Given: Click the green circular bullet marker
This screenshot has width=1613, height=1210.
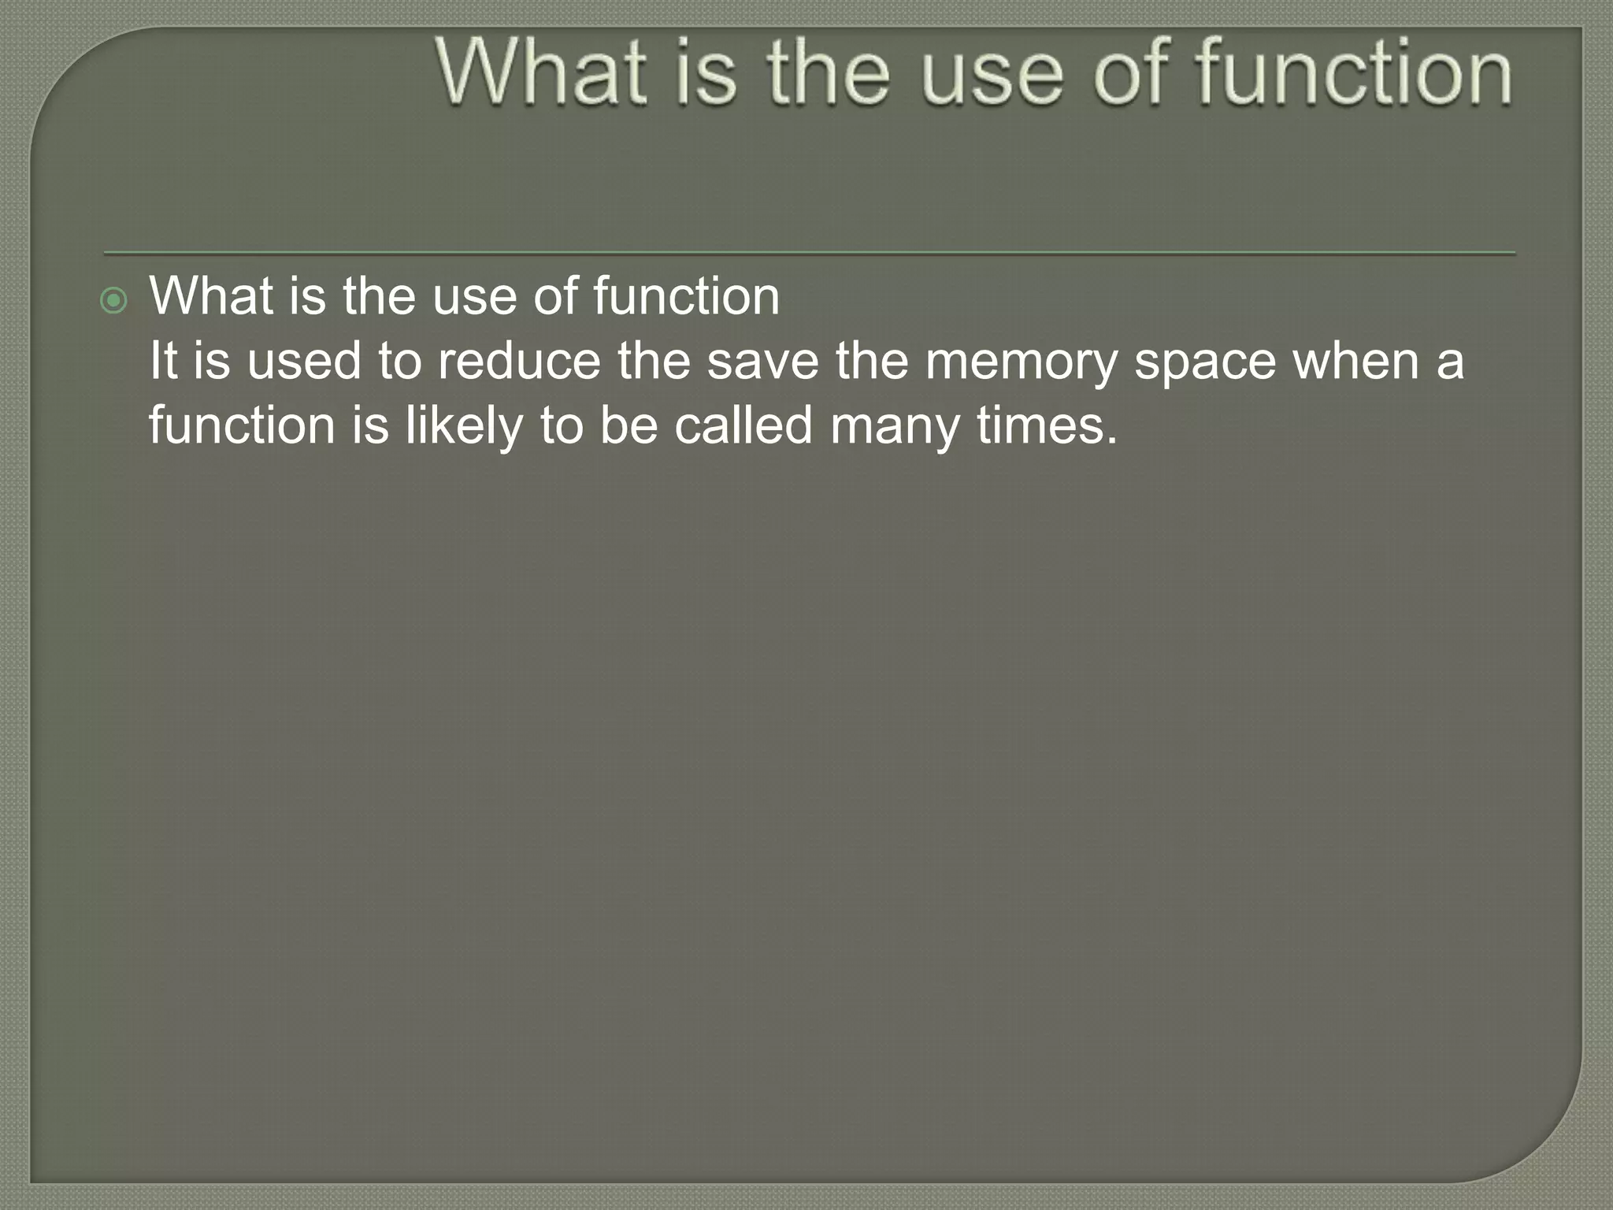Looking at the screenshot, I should click(114, 300).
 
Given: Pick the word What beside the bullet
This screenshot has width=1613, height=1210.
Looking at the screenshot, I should click(213, 296).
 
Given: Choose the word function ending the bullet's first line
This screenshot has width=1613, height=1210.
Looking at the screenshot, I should click(686, 296).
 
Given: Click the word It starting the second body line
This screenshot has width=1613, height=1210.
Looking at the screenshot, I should click(163, 361).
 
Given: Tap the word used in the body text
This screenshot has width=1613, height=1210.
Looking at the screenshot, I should click(303, 361).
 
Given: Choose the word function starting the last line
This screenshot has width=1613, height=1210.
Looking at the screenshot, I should click(242, 425).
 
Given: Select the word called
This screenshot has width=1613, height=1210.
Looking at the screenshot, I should click(743, 425).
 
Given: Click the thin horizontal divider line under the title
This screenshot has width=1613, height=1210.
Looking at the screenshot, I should click(810, 254).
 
